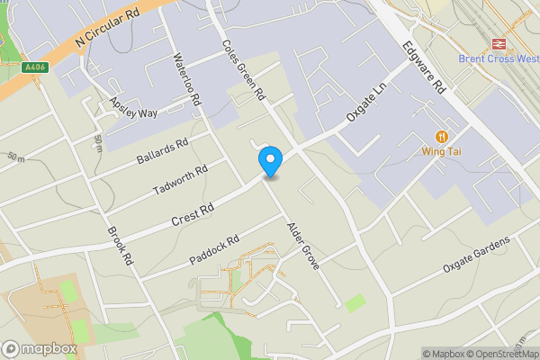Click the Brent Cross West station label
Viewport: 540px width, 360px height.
(x=497, y=58)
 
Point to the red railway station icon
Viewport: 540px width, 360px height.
(x=497, y=42)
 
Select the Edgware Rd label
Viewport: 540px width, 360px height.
(x=424, y=67)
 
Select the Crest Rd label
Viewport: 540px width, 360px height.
(x=193, y=215)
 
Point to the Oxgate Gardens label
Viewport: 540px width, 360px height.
(x=477, y=255)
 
